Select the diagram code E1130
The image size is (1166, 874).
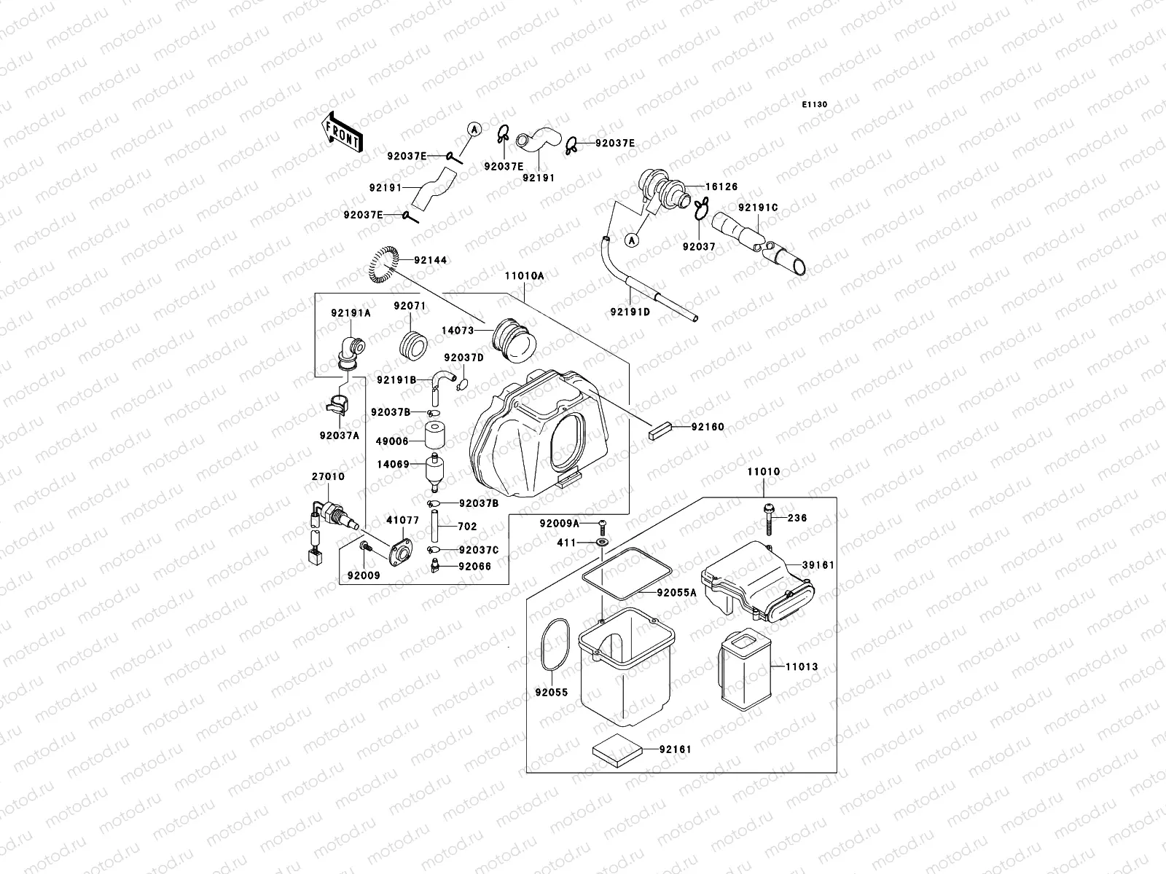pyautogui.click(x=815, y=105)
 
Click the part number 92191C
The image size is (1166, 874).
pyautogui.click(x=758, y=208)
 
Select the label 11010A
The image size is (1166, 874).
pyautogui.click(x=524, y=276)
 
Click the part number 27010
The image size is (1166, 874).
pyautogui.click(x=328, y=476)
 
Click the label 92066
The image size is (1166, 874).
pyautogui.click(x=475, y=566)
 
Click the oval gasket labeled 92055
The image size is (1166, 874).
pyautogui.click(x=555, y=645)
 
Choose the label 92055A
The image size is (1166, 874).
pyautogui.click(x=676, y=593)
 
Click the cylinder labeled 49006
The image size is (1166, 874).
pyautogui.click(x=435, y=435)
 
